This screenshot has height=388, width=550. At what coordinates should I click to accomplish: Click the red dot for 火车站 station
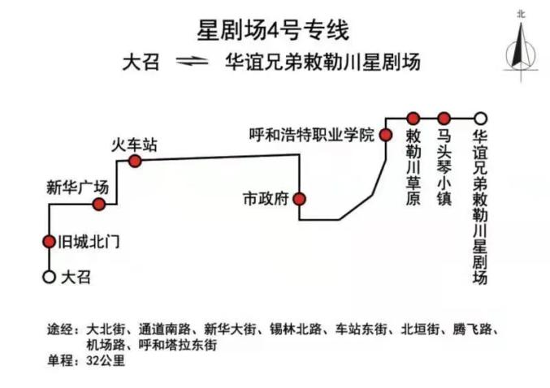pos(135,162)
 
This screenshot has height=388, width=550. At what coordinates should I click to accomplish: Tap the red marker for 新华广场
pos(99,204)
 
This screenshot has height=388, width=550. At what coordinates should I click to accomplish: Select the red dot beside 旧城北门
pos(49,242)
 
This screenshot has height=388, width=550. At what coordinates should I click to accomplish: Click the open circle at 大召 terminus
pos(49,277)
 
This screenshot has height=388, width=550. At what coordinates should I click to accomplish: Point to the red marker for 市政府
pos(299,199)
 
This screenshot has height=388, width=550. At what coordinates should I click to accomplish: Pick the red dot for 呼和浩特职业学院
pos(386,135)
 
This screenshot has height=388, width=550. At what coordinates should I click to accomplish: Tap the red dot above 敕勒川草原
pos(414,119)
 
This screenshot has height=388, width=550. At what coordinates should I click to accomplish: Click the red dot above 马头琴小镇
pos(444,119)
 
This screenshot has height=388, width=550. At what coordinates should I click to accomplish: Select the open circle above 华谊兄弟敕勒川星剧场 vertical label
pos(480,119)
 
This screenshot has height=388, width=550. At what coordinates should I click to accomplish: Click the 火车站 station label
pos(134,144)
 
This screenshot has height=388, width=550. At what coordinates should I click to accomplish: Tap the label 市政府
pos(266,199)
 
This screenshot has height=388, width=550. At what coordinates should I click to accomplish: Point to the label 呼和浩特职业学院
pos(312,135)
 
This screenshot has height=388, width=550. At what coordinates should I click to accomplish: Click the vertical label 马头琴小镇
pos(444,168)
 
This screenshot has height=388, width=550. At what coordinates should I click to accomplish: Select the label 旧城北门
pos(89,242)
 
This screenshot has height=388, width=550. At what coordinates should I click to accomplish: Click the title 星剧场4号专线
pos(273,31)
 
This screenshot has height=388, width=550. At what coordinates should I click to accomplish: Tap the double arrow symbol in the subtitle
pos(192,62)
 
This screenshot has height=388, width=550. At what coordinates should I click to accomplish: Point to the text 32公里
pos(106,360)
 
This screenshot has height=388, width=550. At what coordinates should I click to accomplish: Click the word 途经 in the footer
pos(60,330)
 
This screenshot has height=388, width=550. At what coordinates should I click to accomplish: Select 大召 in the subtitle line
pos(141,63)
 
